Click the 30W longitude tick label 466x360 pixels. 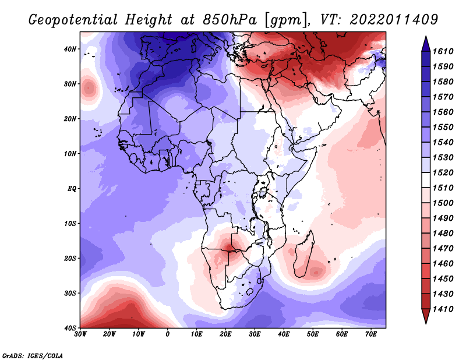pos(80,334)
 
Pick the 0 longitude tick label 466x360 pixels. pos(168,334)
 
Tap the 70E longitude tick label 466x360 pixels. pos(370,334)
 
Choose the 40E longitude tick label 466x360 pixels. pos(284,334)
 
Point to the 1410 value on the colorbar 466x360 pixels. pos(446,308)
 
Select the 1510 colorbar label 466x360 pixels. pos(446,188)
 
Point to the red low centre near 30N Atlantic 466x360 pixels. pos(88,88)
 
